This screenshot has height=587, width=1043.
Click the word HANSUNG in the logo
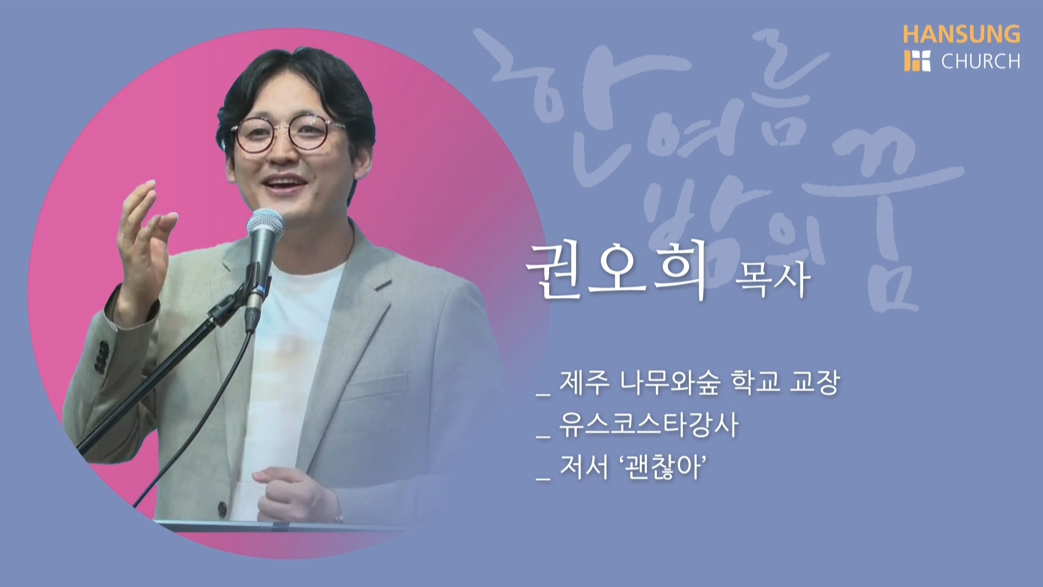click(x=961, y=34)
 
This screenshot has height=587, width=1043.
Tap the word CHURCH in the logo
click(x=981, y=61)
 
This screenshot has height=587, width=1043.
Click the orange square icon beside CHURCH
click(x=917, y=61)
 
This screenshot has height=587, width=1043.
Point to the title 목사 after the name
click(x=772, y=279)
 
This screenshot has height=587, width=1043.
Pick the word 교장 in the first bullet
click(x=815, y=382)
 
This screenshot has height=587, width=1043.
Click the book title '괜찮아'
click(x=663, y=468)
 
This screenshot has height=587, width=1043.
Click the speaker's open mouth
click(x=282, y=181)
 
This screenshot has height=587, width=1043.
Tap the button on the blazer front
click(x=222, y=510)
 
